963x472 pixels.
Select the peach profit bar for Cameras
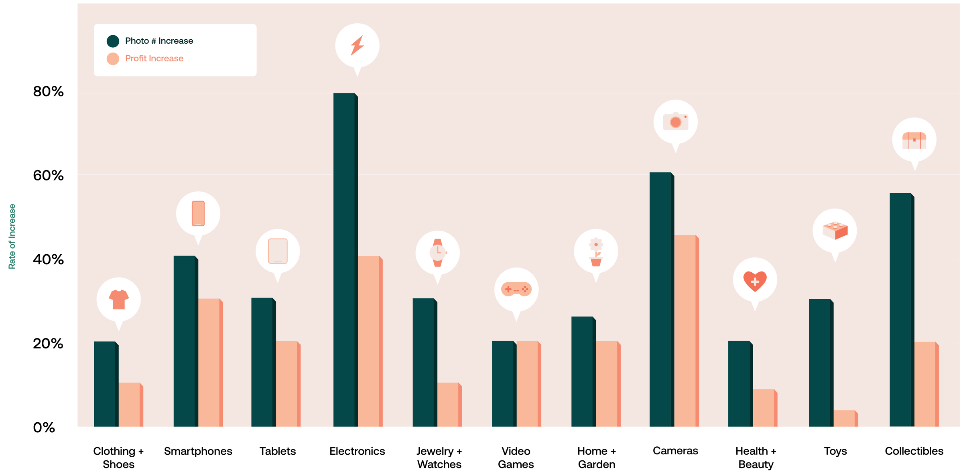[685, 331]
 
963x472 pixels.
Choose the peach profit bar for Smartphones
[209, 363]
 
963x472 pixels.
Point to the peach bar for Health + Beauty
[764, 408]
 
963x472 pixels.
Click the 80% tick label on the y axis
[48, 91]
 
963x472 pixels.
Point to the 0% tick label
[44, 427]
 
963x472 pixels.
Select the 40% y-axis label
[48, 259]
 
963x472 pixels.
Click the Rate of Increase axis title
[12, 236]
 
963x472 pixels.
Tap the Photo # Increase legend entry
[159, 41]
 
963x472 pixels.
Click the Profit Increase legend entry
[154, 59]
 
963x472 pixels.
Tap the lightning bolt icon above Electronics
[357, 45]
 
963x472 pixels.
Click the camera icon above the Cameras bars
[675, 122]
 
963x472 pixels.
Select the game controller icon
[516, 289]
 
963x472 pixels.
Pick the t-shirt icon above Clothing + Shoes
[118, 299]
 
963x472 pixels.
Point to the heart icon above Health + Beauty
[755, 280]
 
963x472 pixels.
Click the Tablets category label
[277, 451]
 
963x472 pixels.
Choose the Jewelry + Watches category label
[439, 458]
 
